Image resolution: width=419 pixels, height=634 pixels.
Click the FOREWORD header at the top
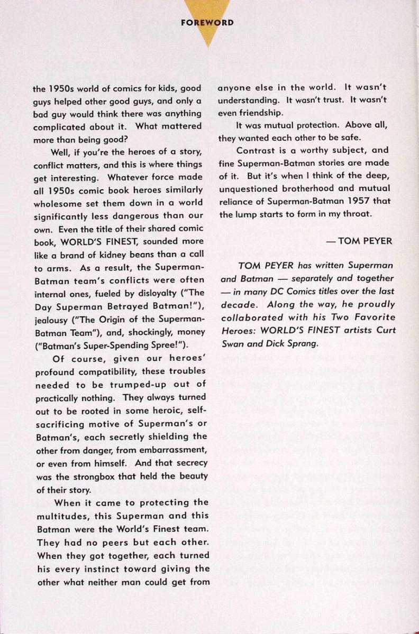(210, 23)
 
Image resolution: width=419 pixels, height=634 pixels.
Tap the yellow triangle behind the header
(210, 37)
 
